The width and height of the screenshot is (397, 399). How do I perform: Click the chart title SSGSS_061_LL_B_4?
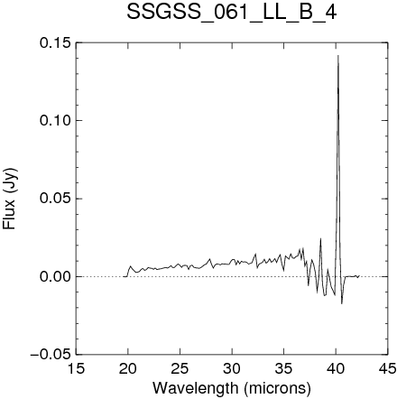pos(231,13)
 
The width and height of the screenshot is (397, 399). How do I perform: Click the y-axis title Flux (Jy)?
pos(10,199)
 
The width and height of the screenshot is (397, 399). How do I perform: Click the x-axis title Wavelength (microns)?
pos(232,388)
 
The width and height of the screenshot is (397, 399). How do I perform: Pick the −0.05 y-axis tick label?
pos(51,355)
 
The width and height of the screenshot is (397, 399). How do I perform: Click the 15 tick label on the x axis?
pos(76,368)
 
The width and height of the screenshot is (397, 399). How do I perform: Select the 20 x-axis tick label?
pos(128,368)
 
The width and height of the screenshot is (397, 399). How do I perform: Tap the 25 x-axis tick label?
pos(180,368)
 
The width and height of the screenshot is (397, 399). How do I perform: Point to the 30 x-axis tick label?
pos(232,368)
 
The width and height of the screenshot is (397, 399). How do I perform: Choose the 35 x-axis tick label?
pos(284,368)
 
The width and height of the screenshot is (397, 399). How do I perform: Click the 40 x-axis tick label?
pos(336,368)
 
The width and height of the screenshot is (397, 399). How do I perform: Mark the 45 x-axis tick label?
pos(388,368)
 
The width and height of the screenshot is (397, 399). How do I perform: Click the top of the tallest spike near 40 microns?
pos(338,55)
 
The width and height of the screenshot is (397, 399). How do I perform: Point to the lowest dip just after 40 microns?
pos(342,303)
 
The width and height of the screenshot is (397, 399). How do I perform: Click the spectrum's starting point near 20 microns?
pos(124,276)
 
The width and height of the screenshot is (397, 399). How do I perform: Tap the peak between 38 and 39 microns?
pos(320,238)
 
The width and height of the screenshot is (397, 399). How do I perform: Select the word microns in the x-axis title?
pos(277,388)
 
